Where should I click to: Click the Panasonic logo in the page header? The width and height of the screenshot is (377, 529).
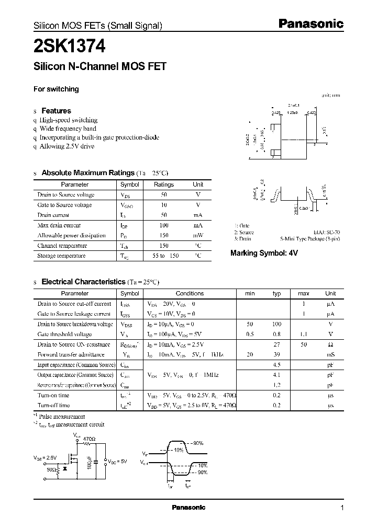tap(310, 24)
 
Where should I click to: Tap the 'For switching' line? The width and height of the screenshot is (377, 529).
tap(56, 89)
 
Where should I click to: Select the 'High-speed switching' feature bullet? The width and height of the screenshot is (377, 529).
tap(69, 120)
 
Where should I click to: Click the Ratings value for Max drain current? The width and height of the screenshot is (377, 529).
tap(163, 225)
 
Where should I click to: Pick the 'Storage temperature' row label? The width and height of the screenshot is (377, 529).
tap(61, 256)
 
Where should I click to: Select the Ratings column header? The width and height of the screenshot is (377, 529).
tap(163, 185)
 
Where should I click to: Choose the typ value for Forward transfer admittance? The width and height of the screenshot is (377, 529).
tap(278, 354)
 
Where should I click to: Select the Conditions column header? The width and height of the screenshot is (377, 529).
tap(190, 293)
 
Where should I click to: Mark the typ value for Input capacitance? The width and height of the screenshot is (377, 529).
tap(278, 365)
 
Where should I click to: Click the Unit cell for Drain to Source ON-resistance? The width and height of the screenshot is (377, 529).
tap(330, 344)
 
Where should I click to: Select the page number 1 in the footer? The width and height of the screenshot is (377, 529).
tap(342, 508)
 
